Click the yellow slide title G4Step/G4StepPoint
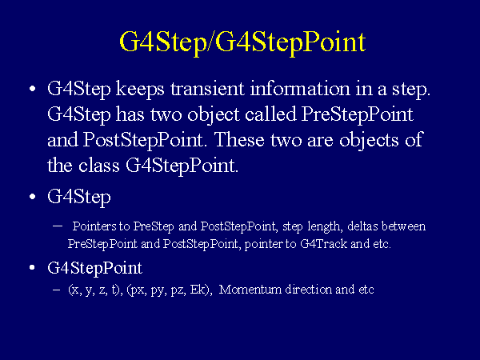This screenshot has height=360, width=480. (x=242, y=42)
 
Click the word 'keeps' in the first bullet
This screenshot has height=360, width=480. (x=140, y=90)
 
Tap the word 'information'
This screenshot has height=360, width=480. (x=300, y=89)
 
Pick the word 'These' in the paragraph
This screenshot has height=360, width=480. (x=238, y=140)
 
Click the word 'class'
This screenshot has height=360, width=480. (x=98, y=166)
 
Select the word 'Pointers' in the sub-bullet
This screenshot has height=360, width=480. (x=94, y=226)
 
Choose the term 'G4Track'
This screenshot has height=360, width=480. (x=323, y=244)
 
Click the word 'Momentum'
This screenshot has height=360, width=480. (x=250, y=290)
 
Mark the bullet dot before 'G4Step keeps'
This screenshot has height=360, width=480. (x=33, y=89)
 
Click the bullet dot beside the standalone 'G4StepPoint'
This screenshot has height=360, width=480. (x=33, y=268)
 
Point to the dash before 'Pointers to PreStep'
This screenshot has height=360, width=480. (x=58, y=226)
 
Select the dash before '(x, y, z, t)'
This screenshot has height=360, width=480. (x=56, y=290)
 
